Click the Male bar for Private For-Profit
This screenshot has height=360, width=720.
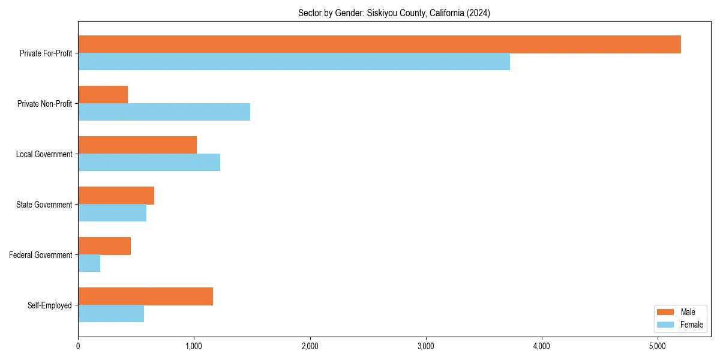click(x=379, y=44)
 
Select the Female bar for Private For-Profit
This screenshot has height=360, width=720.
click(x=294, y=62)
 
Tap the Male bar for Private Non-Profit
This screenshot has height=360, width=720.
click(x=103, y=95)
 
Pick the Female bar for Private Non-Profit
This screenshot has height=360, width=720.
click(x=164, y=112)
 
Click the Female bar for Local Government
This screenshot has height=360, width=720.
click(x=149, y=163)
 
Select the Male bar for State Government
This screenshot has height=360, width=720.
click(x=116, y=196)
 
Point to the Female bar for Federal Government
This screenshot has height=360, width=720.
click(x=89, y=263)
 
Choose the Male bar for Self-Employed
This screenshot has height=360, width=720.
click(x=145, y=296)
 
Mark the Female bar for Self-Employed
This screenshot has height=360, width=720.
click(x=111, y=314)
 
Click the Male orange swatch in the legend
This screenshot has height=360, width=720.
click(x=666, y=312)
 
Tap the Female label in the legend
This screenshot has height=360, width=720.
click(x=691, y=325)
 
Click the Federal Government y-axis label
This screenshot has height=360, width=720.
click(x=41, y=255)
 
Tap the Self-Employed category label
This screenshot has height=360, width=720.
click(x=50, y=305)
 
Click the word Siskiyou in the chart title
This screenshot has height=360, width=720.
click(x=382, y=13)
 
